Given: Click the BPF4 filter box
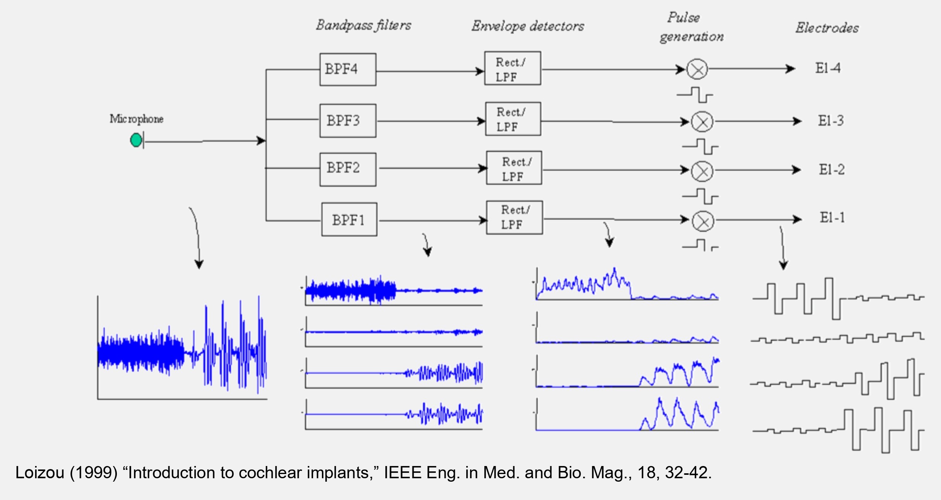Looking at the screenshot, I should (348, 69).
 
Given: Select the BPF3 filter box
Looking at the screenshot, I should (348, 121).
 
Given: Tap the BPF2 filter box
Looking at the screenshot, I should (348, 169).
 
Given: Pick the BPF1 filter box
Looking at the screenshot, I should (349, 219).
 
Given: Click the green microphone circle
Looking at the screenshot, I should (136, 140).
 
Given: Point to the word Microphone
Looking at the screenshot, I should (136, 119).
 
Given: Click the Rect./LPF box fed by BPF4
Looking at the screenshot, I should (513, 68).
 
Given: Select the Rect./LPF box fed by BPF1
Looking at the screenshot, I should (514, 218).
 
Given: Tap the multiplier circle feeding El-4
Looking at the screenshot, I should (697, 69).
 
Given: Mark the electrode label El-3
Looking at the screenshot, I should (831, 121).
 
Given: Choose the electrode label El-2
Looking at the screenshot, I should (831, 169).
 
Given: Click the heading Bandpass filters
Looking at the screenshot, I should (363, 25).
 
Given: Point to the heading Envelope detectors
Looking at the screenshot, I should (527, 26).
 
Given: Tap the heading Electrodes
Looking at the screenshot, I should (827, 28).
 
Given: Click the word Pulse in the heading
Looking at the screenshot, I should (684, 18).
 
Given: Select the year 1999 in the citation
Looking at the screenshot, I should (93, 473).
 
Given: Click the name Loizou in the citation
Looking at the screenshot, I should (40, 473).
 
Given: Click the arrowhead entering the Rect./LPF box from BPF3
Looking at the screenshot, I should (481, 121).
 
